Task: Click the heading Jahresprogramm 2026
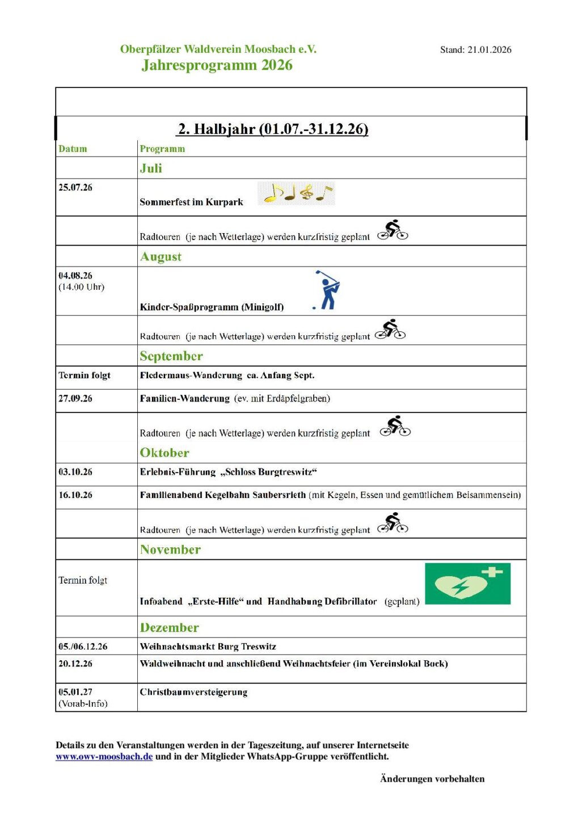(x=217, y=65)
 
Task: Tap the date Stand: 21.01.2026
(x=475, y=50)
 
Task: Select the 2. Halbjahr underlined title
(x=273, y=129)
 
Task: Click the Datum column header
(x=73, y=149)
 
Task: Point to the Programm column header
(x=162, y=149)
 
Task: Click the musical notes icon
(x=296, y=193)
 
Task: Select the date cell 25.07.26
(x=75, y=187)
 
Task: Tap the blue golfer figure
(x=327, y=290)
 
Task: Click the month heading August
(x=161, y=256)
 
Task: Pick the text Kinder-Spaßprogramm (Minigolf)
(x=212, y=307)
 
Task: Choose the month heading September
(x=171, y=356)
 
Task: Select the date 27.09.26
(x=75, y=398)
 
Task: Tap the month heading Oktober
(x=165, y=453)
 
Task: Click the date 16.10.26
(x=75, y=495)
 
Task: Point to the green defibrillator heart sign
(x=467, y=584)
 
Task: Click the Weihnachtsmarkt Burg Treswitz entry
(x=208, y=646)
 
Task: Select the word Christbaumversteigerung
(x=193, y=692)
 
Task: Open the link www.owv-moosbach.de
(x=104, y=756)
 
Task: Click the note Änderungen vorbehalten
(x=432, y=779)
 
